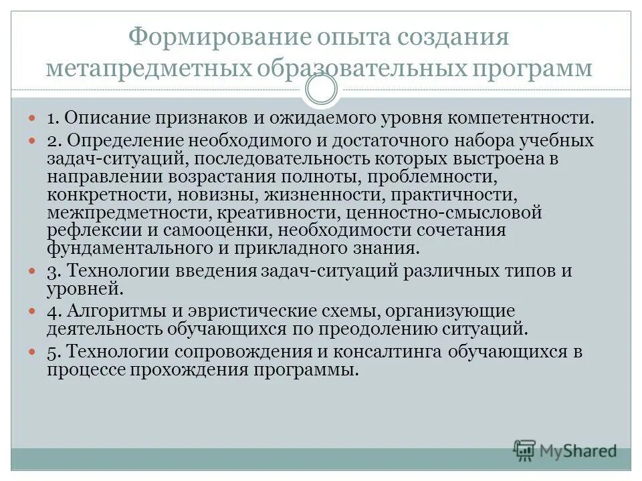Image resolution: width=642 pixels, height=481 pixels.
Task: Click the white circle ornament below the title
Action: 321,90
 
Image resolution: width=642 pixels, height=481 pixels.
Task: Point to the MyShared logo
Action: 565,450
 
